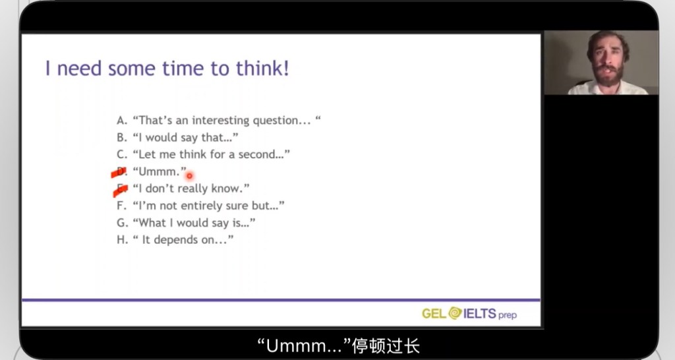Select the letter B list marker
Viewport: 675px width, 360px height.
click(122, 137)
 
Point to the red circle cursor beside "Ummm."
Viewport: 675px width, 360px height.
click(189, 175)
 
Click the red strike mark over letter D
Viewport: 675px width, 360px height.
click(119, 173)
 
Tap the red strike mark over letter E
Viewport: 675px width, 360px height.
click(121, 190)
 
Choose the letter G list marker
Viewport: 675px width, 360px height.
click(122, 223)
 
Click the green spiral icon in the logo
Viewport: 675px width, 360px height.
click(455, 313)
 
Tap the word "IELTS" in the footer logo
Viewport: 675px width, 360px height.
click(480, 313)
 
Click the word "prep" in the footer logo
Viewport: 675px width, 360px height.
click(508, 315)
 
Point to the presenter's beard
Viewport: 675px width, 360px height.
click(608, 75)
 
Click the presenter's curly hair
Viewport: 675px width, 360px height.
click(607, 40)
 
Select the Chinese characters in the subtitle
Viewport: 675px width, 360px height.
click(386, 345)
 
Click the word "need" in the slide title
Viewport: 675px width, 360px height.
click(80, 69)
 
